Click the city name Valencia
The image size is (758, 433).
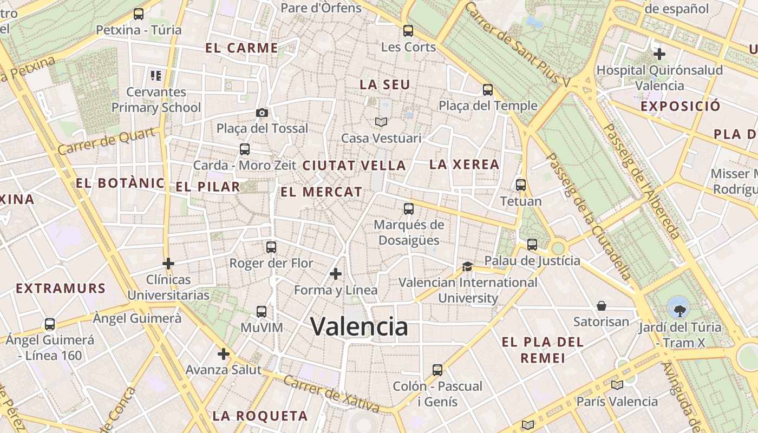(x=359, y=326)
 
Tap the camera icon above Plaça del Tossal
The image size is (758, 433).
(x=262, y=113)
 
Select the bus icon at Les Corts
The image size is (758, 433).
(x=408, y=31)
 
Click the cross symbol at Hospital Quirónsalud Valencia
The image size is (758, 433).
(x=659, y=54)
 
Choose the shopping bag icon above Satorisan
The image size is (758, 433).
(x=601, y=306)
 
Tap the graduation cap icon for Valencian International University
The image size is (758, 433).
(x=467, y=266)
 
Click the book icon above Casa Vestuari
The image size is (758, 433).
(x=381, y=122)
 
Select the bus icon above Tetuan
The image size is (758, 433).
(x=521, y=185)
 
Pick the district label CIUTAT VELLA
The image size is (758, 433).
(x=354, y=166)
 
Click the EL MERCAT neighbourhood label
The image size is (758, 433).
(x=321, y=192)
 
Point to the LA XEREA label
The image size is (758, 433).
(x=464, y=165)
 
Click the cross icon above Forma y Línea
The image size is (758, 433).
(x=336, y=274)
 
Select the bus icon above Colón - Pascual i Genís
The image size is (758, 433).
(x=437, y=370)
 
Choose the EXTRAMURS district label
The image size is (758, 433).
(x=61, y=288)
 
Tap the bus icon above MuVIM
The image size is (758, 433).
(x=262, y=312)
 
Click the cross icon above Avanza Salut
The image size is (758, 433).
(x=224, y=355)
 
